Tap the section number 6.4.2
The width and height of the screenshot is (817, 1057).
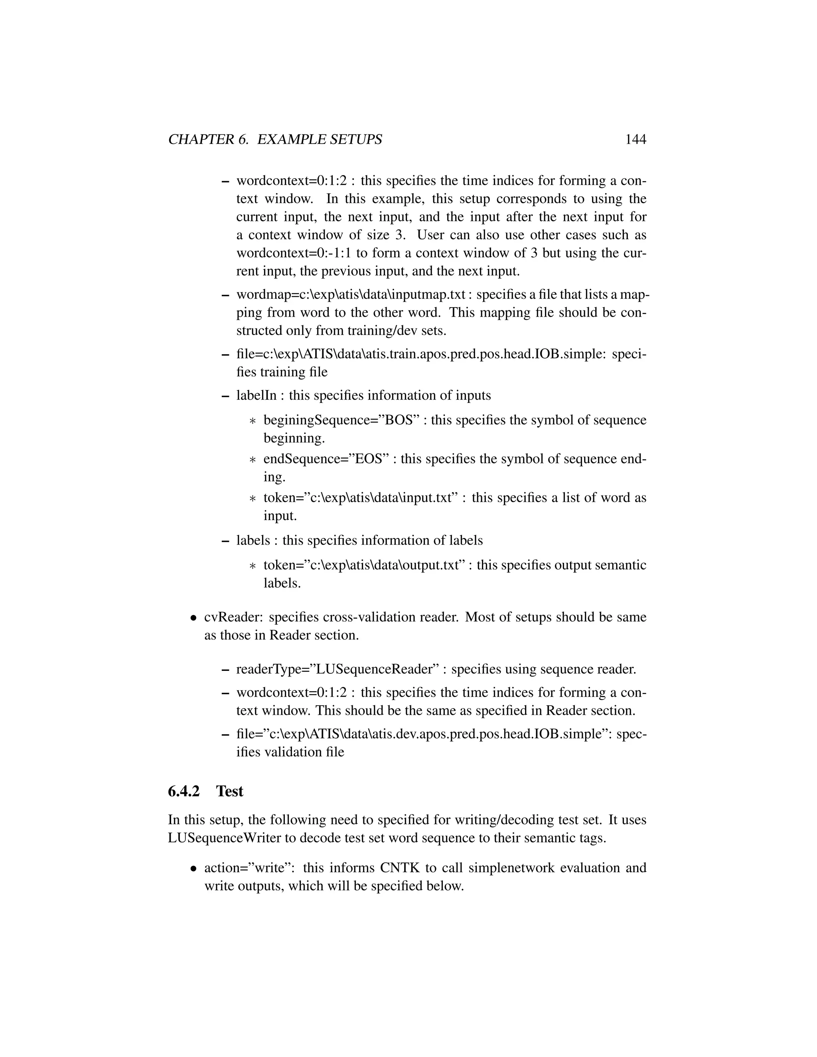point(184,791)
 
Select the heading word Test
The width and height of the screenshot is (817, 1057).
point(229,791)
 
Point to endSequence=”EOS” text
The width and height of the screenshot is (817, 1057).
point(326,458)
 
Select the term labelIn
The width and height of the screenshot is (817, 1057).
point(256,395)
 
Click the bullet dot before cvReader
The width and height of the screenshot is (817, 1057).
point(193,618)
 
